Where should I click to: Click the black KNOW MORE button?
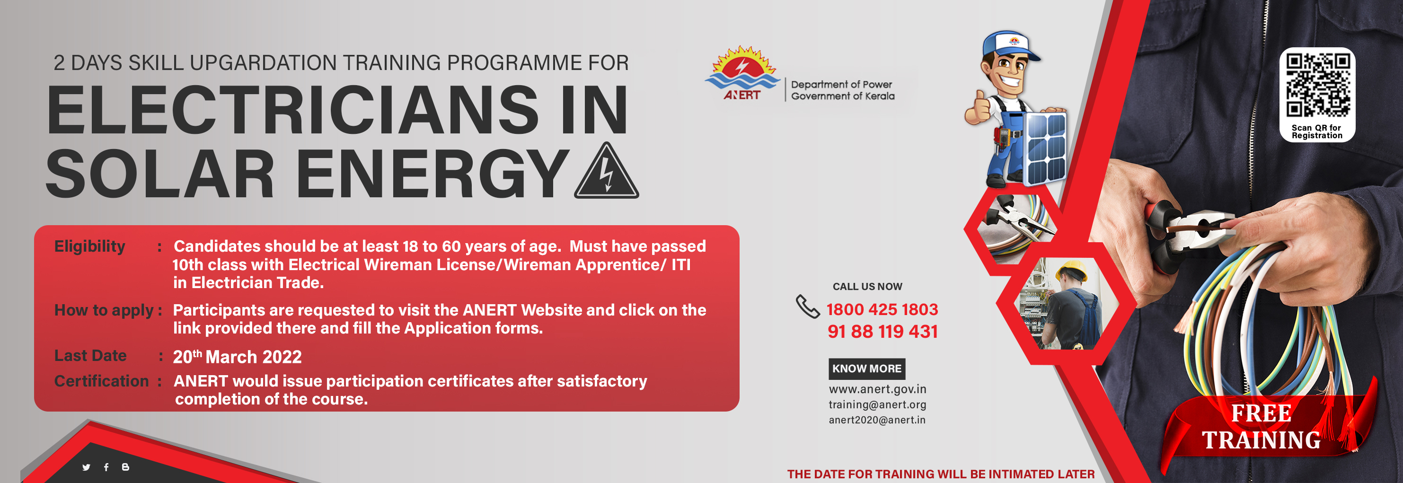[866, 369]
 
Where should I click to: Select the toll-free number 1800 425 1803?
[882, 309]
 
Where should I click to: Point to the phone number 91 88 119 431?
[882, 331]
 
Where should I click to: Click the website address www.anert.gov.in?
[877, 389]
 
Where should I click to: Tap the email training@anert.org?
[877, 404]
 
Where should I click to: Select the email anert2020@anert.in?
[877, 420]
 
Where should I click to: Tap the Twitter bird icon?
[86, 467]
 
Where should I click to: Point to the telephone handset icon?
[807, 306]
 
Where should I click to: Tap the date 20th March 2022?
[237, 357]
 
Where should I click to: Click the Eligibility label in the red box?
[90, 246]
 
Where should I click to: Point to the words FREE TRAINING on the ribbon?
[1261, 427]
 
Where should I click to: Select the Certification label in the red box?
[101, 381]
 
